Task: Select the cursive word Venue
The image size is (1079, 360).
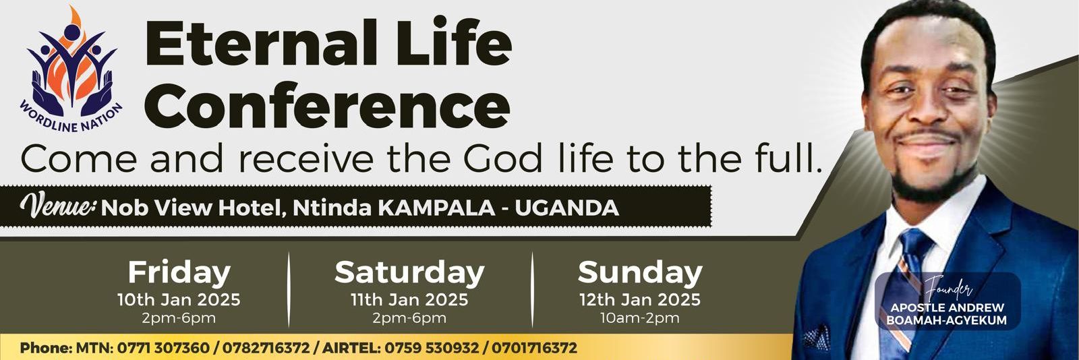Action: pos(58,206)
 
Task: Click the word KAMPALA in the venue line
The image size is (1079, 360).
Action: pos(436,208)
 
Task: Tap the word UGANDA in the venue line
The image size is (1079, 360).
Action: pos(567,208)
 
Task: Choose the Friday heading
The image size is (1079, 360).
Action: pos(179,273)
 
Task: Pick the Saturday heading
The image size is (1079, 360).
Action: pos(409,273)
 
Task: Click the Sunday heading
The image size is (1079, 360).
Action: pos(640,273)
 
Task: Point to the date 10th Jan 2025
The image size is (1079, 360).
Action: pos(179,300)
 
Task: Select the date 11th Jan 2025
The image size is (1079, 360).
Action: pos(409,300)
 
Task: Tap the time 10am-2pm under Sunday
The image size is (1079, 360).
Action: pos(640,318)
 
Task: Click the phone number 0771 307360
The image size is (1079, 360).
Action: pos(163,347)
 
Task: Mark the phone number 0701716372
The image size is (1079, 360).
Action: pos(534,347)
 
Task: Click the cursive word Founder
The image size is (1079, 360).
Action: pos(947,289)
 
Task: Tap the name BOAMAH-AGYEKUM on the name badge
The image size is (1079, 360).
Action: pos(947,320)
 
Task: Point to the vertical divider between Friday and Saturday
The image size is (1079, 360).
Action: pos(289,289)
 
